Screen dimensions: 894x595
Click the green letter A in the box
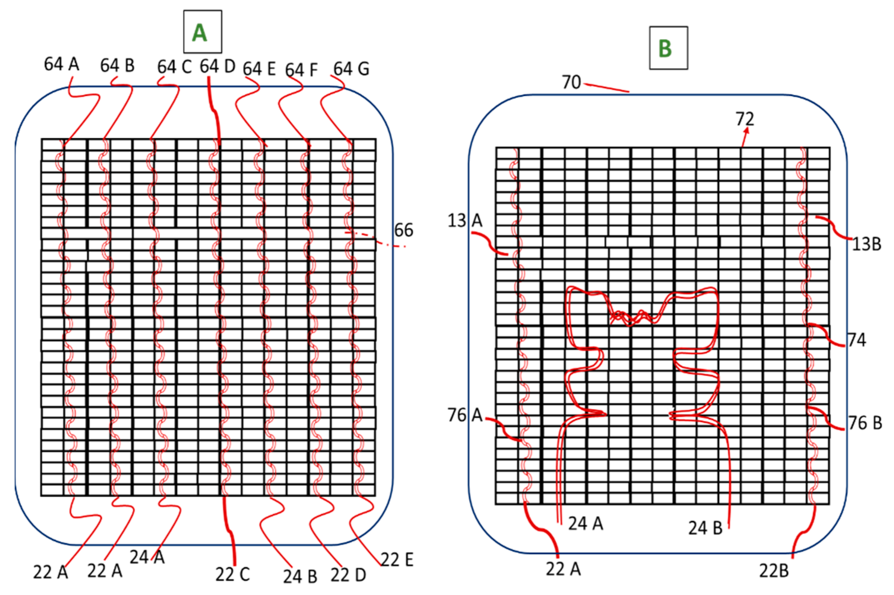tap(200, 33)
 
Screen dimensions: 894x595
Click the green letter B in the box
tap(665, 49)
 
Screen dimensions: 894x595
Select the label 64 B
tap(117, 66)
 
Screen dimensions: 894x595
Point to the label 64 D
tap(218, 67)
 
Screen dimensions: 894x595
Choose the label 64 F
tap(301, 70)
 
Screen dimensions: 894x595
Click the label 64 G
tap(351, 69)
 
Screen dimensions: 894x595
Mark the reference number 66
tap(404, 230)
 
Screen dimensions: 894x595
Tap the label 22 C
tap(233, 574)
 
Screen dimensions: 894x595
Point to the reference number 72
tap(745, 119)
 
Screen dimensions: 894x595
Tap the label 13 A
tap(465, 220)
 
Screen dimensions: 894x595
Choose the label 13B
tap(867, 244)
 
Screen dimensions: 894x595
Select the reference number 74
tap(857, 340)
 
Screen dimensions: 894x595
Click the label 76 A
tap(465, 415)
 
